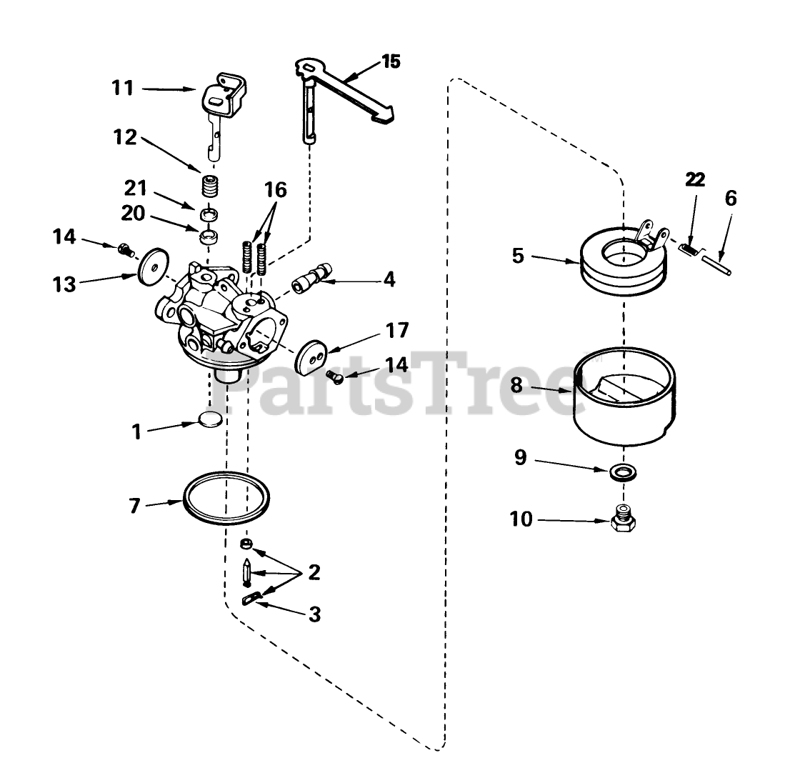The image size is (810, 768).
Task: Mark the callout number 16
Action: [275, 190]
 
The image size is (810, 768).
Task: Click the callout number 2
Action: [314, 573]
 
